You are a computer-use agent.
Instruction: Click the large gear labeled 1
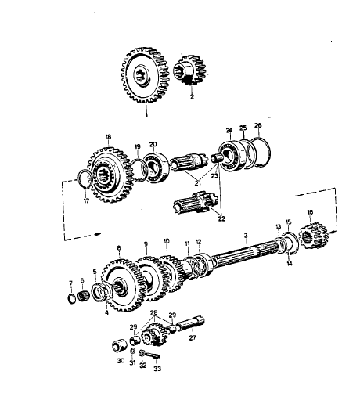(145, 75)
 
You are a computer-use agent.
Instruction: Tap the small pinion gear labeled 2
(189, 70)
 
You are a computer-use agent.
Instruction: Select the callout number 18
(108, 137)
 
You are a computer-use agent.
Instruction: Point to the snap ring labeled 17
(85, 180)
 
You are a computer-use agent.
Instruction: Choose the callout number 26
(257, 125)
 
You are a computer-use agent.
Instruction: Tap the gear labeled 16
(313, 236)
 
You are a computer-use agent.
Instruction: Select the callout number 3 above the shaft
(246, 236)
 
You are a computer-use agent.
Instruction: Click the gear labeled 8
(122, 285)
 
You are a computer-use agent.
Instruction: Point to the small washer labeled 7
(71, 298)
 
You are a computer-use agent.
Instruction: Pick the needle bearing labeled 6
(84, 296)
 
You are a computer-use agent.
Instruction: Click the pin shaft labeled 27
(190, 324)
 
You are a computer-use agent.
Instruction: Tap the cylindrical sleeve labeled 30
(120, 346)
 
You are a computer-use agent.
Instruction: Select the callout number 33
(157, 369)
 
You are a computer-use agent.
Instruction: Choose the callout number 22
(221, 218)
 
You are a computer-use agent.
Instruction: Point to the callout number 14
(290, 264)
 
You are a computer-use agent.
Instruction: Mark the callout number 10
(167, 241)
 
